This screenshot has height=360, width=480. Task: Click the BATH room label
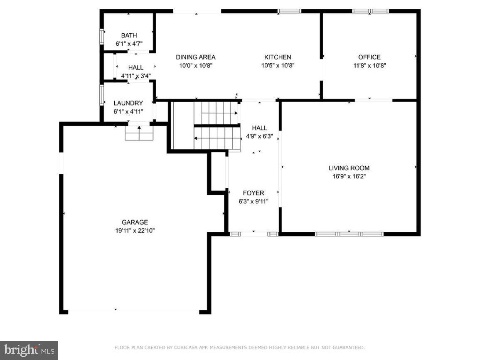(129, 36)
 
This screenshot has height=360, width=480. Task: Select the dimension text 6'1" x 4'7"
(129, 44)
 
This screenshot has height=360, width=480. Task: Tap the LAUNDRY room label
(128, 103)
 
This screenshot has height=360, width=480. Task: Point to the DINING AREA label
(195, 57)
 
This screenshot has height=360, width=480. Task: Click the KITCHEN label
(278, 57)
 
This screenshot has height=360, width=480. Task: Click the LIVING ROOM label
(349, 168)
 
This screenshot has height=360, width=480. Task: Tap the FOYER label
(253, 193)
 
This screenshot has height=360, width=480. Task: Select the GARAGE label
(135, 222)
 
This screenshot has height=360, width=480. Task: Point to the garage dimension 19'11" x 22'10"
(135, 230)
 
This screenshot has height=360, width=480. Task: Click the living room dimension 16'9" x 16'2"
(349, 176)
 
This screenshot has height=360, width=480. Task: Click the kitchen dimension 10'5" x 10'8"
(278, 65)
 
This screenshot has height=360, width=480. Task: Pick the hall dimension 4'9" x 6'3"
(259, 136)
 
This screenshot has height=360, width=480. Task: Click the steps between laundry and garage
(140, 133)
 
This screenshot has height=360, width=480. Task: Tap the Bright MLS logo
(29, 350)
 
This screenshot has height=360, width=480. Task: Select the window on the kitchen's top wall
(289, 11)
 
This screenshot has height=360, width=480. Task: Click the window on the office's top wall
(370, 11)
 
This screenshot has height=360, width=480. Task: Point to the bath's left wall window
(101, 36)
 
